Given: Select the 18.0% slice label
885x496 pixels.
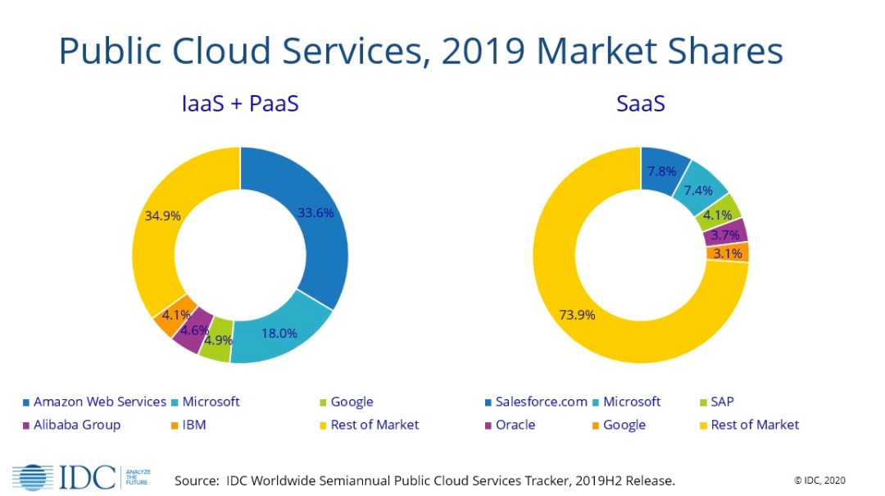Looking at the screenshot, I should pos(280,333).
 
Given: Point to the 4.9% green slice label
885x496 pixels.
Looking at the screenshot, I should pos(219,339).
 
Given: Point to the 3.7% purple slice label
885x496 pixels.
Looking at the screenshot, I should pos(724,235).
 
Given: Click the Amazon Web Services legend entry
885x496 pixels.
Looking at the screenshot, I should pos(99,402).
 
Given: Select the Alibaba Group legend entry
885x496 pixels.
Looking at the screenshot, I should pos(77,425).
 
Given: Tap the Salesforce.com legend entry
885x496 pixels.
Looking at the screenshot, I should pos(541,402).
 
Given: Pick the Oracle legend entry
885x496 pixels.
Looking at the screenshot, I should pos(515,425).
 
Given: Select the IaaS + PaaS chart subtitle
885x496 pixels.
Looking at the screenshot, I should pos(239,104).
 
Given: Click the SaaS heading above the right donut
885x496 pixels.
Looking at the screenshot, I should pos(641,104).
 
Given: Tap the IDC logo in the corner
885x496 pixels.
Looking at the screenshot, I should pos(69,476).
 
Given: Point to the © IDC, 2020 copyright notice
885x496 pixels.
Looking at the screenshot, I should pos(819,480).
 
